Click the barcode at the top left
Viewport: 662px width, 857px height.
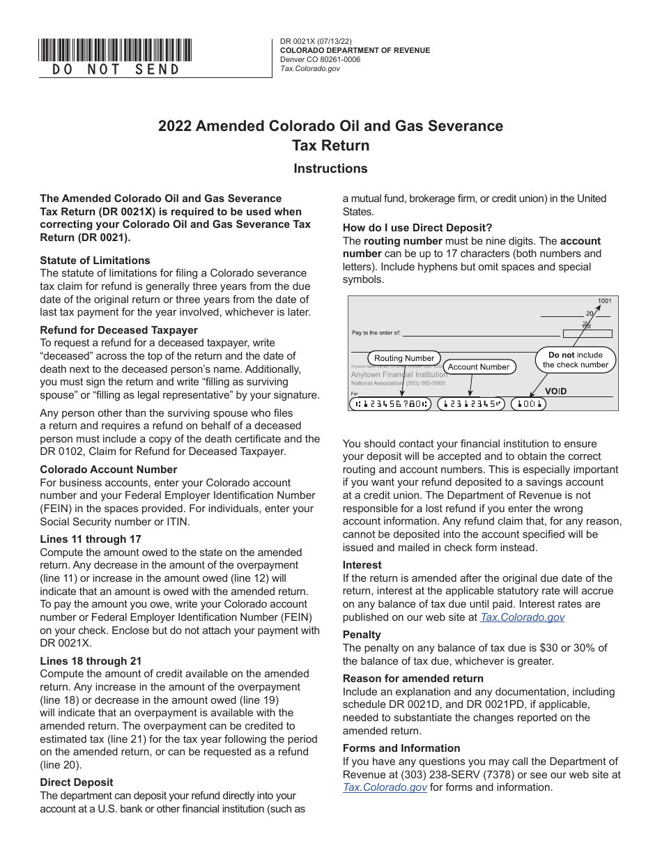(x=116, y=49)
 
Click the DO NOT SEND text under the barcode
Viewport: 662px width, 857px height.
(x=116, y=69)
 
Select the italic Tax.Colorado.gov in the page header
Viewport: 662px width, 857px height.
(x=310, y=68)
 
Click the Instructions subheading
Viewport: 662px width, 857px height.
(x=330, y=169)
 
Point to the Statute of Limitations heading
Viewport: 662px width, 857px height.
(x=95, y=261)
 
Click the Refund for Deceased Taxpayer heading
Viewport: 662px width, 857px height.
(x=118, y=330)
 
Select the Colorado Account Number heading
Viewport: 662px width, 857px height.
(x=108, y=470)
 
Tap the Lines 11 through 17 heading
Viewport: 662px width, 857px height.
(x=91, y=539)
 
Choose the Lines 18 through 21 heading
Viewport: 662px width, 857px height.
(x=91, y=661)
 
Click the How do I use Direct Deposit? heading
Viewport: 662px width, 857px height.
(x=417, y=228)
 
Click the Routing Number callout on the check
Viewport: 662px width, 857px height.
(x=404, y=358)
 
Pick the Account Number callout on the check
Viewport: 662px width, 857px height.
(x=478, y=366)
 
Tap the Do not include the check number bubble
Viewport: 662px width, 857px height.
(x=576, y=360)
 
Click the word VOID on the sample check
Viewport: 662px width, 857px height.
(x=555, y=392)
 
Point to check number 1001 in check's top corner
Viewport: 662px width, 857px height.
(x=604, y=301)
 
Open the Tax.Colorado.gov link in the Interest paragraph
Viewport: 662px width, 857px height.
(x=522, y=617)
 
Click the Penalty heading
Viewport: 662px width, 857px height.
(x=362, y=635)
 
